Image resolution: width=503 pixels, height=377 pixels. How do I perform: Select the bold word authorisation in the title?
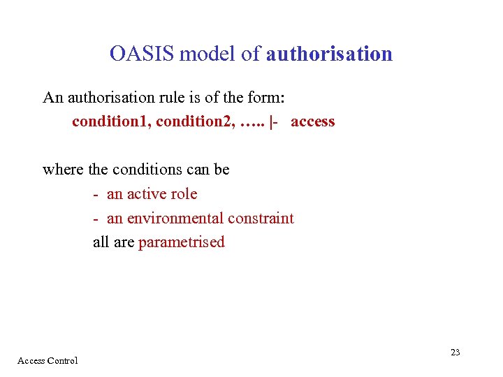click(x=329, y=54)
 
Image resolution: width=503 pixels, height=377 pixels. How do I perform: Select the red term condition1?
click(x=110, y=121)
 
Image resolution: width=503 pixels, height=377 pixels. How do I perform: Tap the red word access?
click(x=313, y=121)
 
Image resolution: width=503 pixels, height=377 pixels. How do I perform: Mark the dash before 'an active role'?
click(x=96, y=195)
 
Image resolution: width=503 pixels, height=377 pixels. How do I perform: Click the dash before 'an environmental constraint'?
click(x=96, y=219)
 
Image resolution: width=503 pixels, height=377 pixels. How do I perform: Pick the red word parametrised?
click(x=182, y=243)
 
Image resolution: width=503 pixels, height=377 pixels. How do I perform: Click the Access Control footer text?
click(x=48, y=361)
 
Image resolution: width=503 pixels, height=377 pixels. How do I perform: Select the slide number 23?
click(x=455, y=353)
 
